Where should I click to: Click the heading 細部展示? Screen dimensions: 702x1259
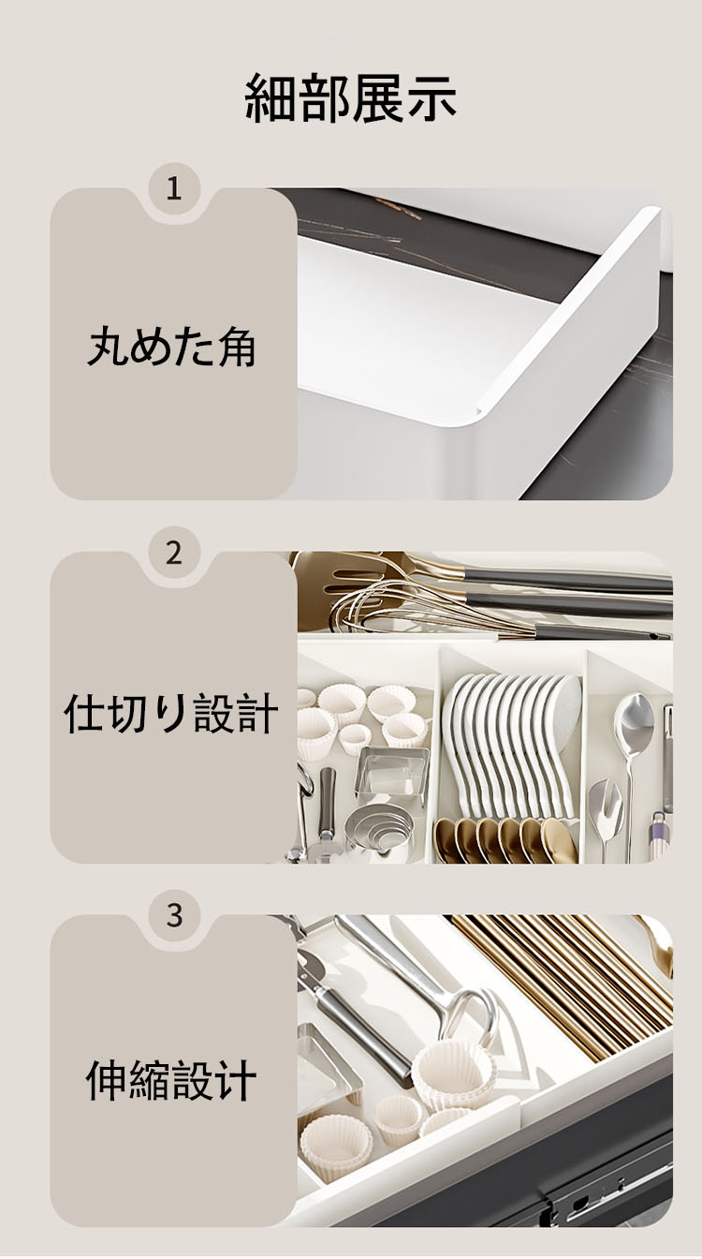tap(350, 99)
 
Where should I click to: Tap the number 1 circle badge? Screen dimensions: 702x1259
tap(174, 189)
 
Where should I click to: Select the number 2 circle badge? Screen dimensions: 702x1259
tap(174, 553)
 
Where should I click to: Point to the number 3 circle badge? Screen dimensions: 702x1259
tap(174, 915)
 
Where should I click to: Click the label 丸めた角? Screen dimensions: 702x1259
tap(172, 348)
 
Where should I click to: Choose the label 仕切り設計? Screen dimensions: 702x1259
tap(172, 713)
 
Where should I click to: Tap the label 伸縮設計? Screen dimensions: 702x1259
tap(172, 1080)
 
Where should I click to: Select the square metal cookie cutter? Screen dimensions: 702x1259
tap(392, 772)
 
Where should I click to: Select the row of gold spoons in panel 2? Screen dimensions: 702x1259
tap(505, 839)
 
